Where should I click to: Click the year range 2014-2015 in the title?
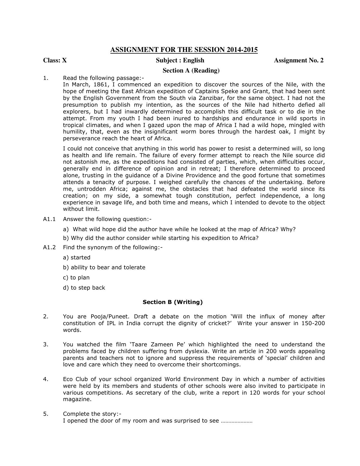click(242, 50)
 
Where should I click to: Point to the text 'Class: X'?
click(55, 60)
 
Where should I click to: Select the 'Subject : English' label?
click(180, 60)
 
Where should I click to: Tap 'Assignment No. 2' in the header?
click(298, 60)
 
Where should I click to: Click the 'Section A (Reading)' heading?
click(191, 71)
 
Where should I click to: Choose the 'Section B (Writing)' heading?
click(173, 302)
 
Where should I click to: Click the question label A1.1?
click(49, 219)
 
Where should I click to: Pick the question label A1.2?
click(49, 248)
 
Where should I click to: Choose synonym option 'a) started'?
click(77, 258)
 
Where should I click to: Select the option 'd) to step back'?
click(84, 288)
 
